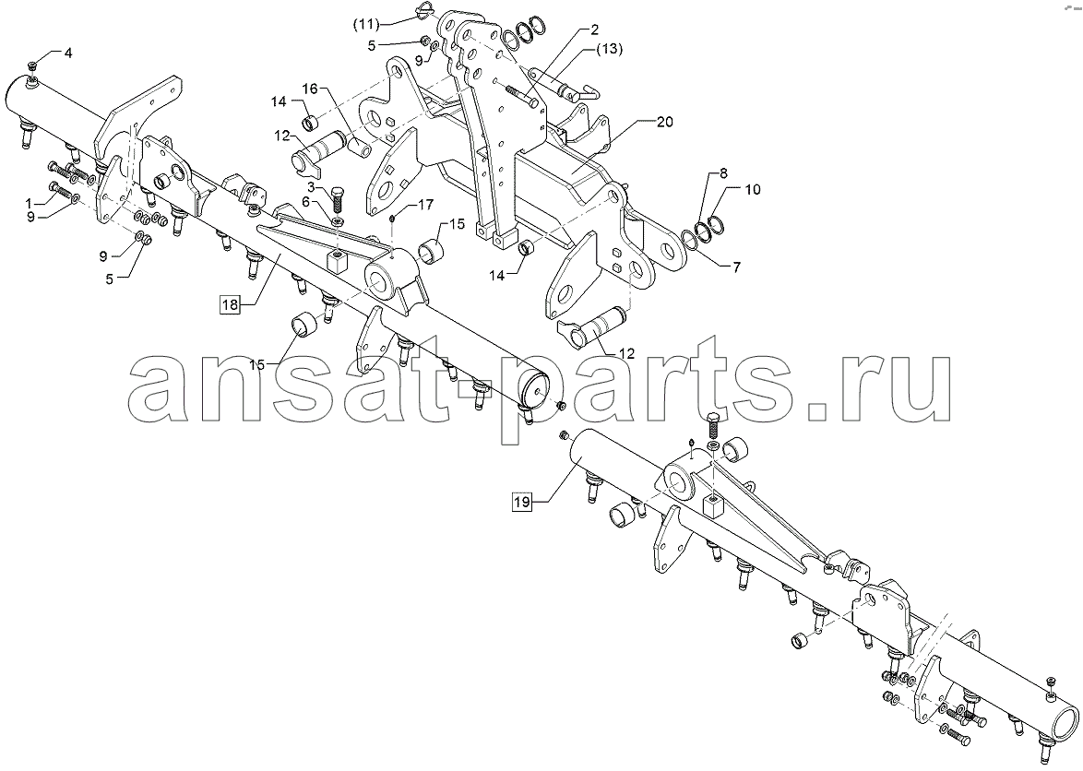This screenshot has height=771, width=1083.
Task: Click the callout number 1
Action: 29,204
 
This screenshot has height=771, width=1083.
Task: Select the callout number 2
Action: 594,30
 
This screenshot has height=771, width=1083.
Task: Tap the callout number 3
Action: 312,187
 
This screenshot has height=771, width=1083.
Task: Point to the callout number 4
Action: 67,53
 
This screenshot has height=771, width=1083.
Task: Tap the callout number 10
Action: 753,189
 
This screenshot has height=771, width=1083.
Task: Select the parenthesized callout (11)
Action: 367,25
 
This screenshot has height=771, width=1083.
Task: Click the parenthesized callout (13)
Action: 609,49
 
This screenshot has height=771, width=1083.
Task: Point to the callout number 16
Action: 309,89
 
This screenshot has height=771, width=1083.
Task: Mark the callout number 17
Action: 425,205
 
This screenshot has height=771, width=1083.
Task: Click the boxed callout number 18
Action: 230,303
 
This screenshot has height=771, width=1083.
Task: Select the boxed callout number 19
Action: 521,502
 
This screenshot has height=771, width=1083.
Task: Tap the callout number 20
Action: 664,122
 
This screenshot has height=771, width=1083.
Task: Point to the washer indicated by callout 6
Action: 338,221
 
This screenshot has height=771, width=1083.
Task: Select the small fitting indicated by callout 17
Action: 392,219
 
